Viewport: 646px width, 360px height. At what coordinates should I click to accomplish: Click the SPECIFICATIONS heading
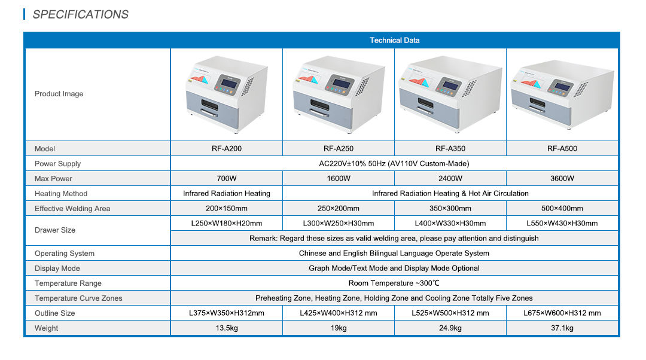[80, 14]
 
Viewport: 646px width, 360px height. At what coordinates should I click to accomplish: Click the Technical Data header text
[394, 41]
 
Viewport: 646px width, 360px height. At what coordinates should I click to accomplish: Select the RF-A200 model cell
[226, 149]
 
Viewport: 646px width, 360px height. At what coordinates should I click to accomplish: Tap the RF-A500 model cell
[562, 149]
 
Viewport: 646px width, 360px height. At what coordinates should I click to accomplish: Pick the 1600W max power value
[338, 179]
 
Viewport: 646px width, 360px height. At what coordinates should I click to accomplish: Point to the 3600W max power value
[562, 179]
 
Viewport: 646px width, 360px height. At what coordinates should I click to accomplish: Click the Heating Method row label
[61, 194]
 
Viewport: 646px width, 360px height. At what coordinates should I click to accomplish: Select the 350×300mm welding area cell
[450, 209]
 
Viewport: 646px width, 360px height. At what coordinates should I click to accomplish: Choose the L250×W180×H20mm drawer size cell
[226, 224]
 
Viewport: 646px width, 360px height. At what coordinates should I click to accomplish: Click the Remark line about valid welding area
[394, 239]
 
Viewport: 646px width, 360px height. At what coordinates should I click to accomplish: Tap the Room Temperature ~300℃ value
[394, 283]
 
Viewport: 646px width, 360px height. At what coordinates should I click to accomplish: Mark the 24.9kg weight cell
[450, 328]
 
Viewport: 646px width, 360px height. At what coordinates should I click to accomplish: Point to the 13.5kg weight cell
[226, 328]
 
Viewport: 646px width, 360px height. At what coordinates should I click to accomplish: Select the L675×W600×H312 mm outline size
[562, 313]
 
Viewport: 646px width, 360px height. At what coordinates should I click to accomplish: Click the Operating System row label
[65, 254]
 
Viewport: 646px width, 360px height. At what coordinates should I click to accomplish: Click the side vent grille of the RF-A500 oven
[580, 89]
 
